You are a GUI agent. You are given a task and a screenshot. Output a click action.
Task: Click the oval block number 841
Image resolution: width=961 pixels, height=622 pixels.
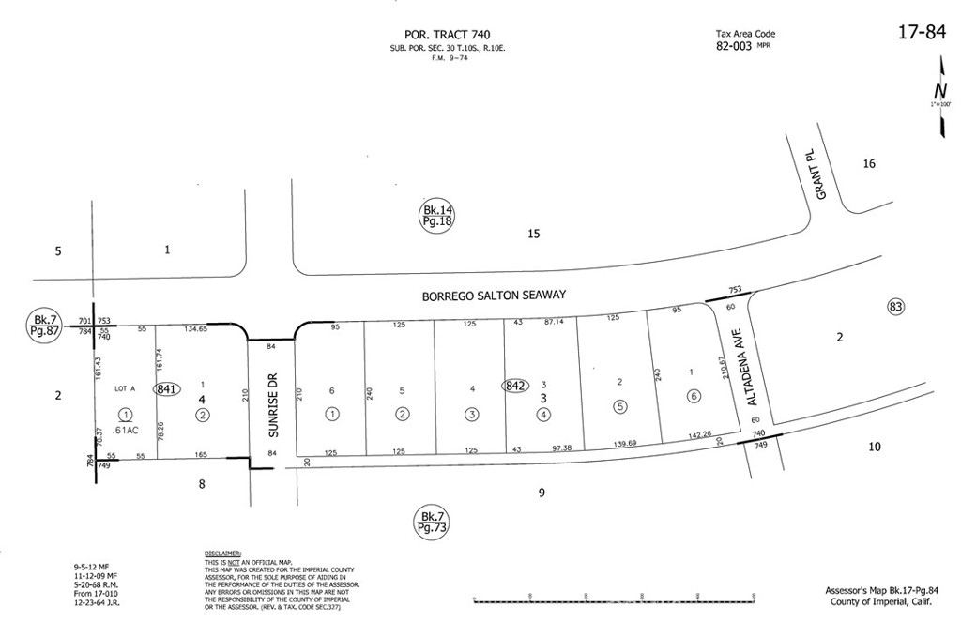click(167, 388)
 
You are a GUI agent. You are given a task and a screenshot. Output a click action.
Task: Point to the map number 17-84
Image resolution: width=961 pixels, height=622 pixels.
click(921, 33)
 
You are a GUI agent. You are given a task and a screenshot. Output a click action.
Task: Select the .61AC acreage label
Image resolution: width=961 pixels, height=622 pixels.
click(127, 430)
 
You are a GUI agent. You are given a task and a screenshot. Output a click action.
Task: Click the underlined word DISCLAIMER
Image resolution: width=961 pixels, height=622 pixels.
click(222, 554)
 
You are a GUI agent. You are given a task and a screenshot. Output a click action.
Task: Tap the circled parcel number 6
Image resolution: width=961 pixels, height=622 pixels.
click(694, 396)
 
